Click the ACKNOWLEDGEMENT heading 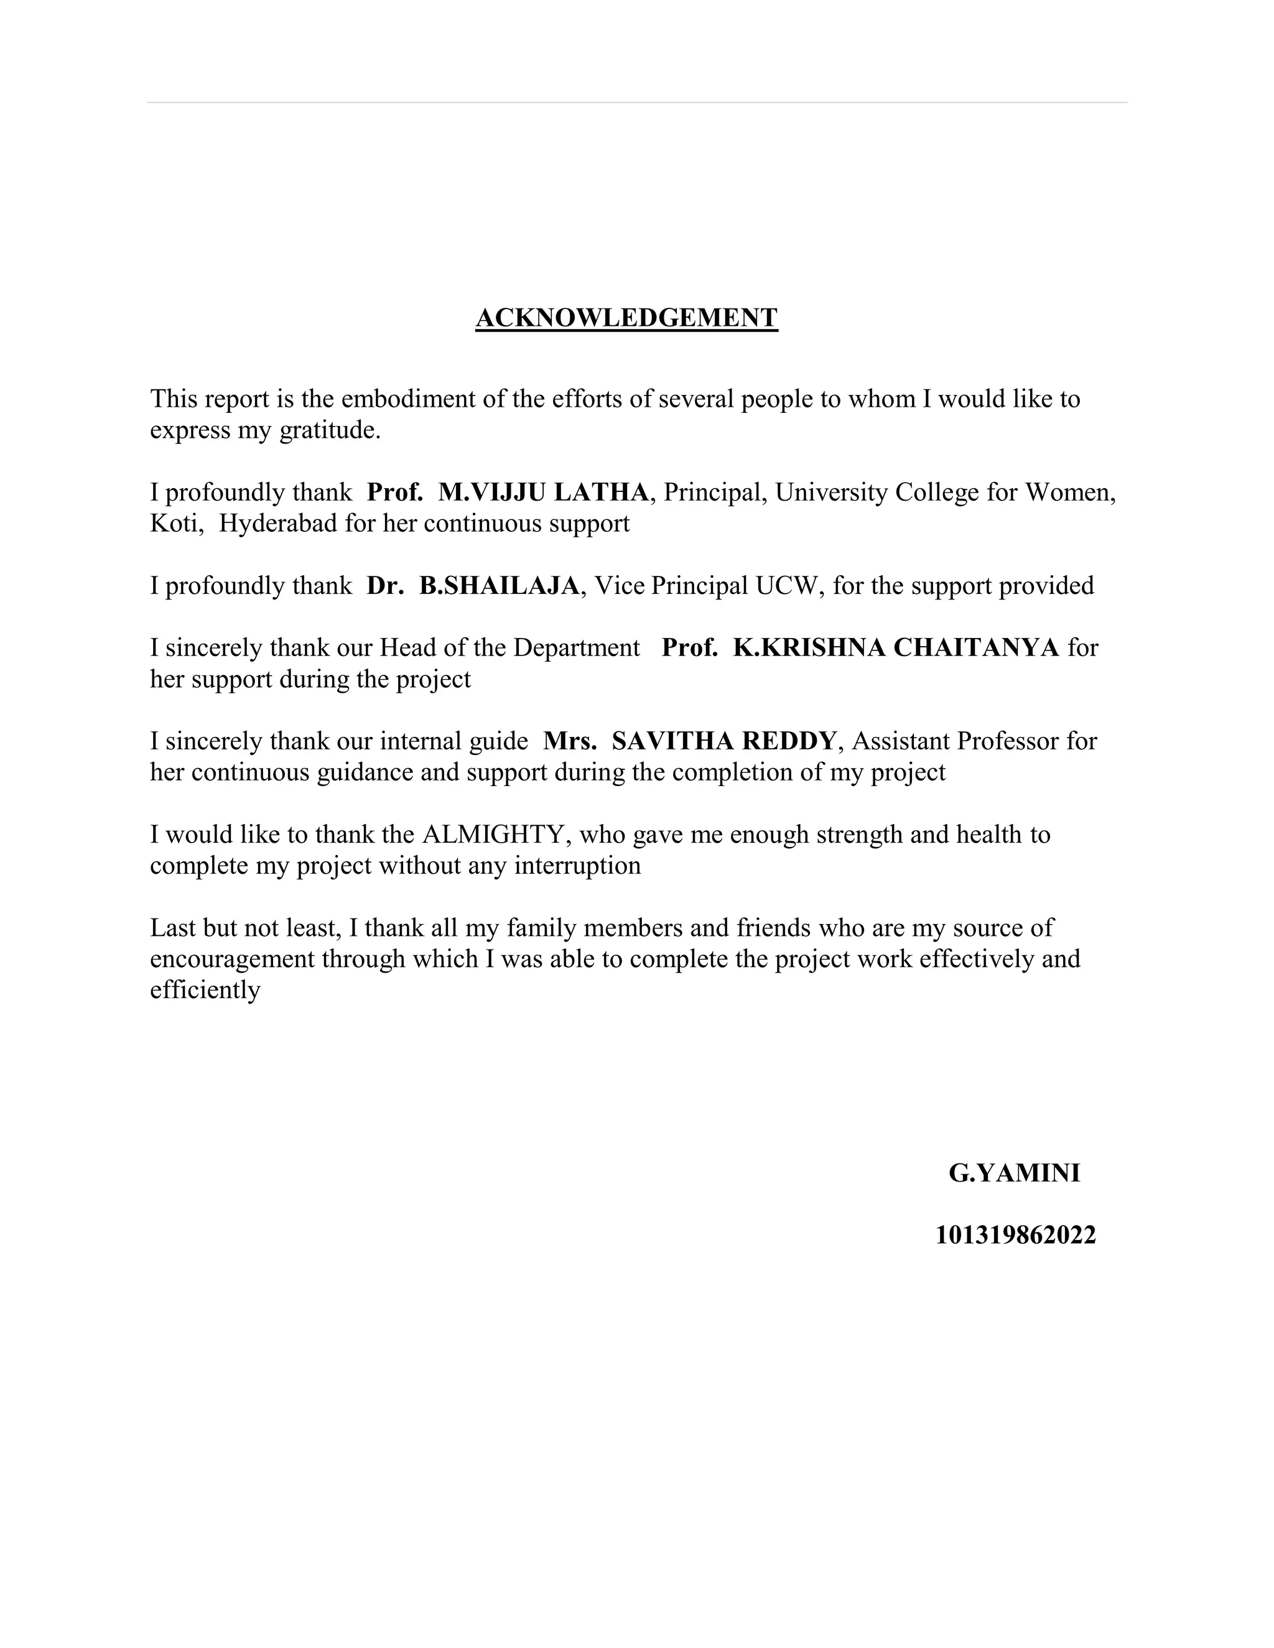click(626, 318)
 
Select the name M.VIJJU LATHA click(542, 493)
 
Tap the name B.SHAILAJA click(499, 586)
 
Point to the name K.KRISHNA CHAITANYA click(896, 647)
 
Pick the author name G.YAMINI click(1015, 1173)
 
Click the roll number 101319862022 click(1015, 1235)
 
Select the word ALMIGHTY click(493, 835)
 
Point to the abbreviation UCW click(787, 586)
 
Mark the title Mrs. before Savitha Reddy click(570, 741)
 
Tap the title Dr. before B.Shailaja click(385, 586)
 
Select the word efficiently click(205, 990)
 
